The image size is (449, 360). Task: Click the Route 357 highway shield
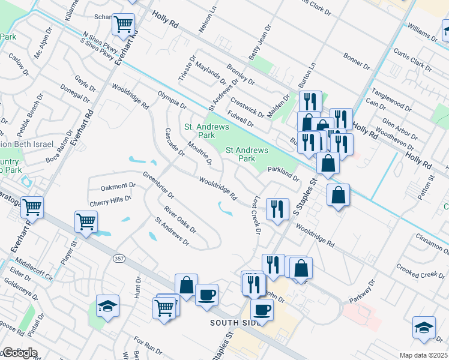coord(119,258)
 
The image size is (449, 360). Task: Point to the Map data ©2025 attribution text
coord(423,355)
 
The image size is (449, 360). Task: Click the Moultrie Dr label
coord(200,153)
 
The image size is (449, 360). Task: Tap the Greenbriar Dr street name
coord(158,186)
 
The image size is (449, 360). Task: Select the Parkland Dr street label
coord(283,173)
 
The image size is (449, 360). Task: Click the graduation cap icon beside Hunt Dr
coord(107,306)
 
